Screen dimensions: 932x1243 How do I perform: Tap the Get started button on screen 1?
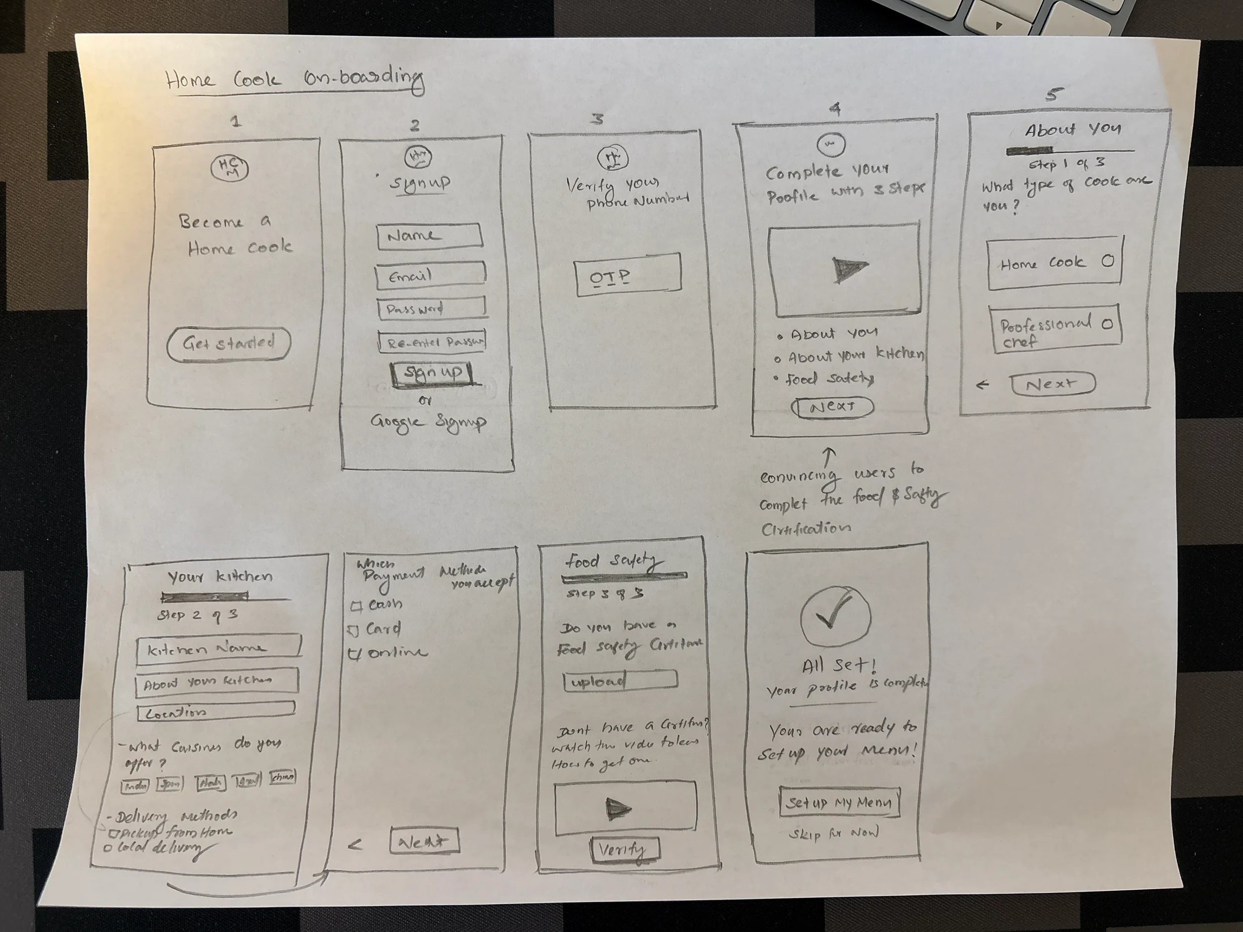point(229,344)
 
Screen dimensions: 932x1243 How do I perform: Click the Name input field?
point(429,236)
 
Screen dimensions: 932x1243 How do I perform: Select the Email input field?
point(431,275)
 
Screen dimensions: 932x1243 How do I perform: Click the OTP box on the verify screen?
point(627,275)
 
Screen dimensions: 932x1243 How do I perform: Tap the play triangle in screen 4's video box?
point(849,269)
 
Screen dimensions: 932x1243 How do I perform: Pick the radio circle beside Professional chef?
point(1107,324)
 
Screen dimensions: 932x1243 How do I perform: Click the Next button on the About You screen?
point(1053,384)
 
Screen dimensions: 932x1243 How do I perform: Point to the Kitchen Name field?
point(219,648)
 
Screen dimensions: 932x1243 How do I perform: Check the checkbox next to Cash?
point(355,606)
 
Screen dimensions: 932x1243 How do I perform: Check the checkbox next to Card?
point(353,631)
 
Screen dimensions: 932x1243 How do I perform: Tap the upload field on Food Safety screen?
point(621,681)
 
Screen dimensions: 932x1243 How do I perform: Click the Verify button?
point(625,849)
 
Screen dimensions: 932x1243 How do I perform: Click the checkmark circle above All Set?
point(835,617)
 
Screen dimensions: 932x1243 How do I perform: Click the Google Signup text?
point(428,423)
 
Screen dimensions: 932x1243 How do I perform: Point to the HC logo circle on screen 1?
point(229,168)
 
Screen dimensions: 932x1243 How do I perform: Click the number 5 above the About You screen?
point(1054,94)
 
